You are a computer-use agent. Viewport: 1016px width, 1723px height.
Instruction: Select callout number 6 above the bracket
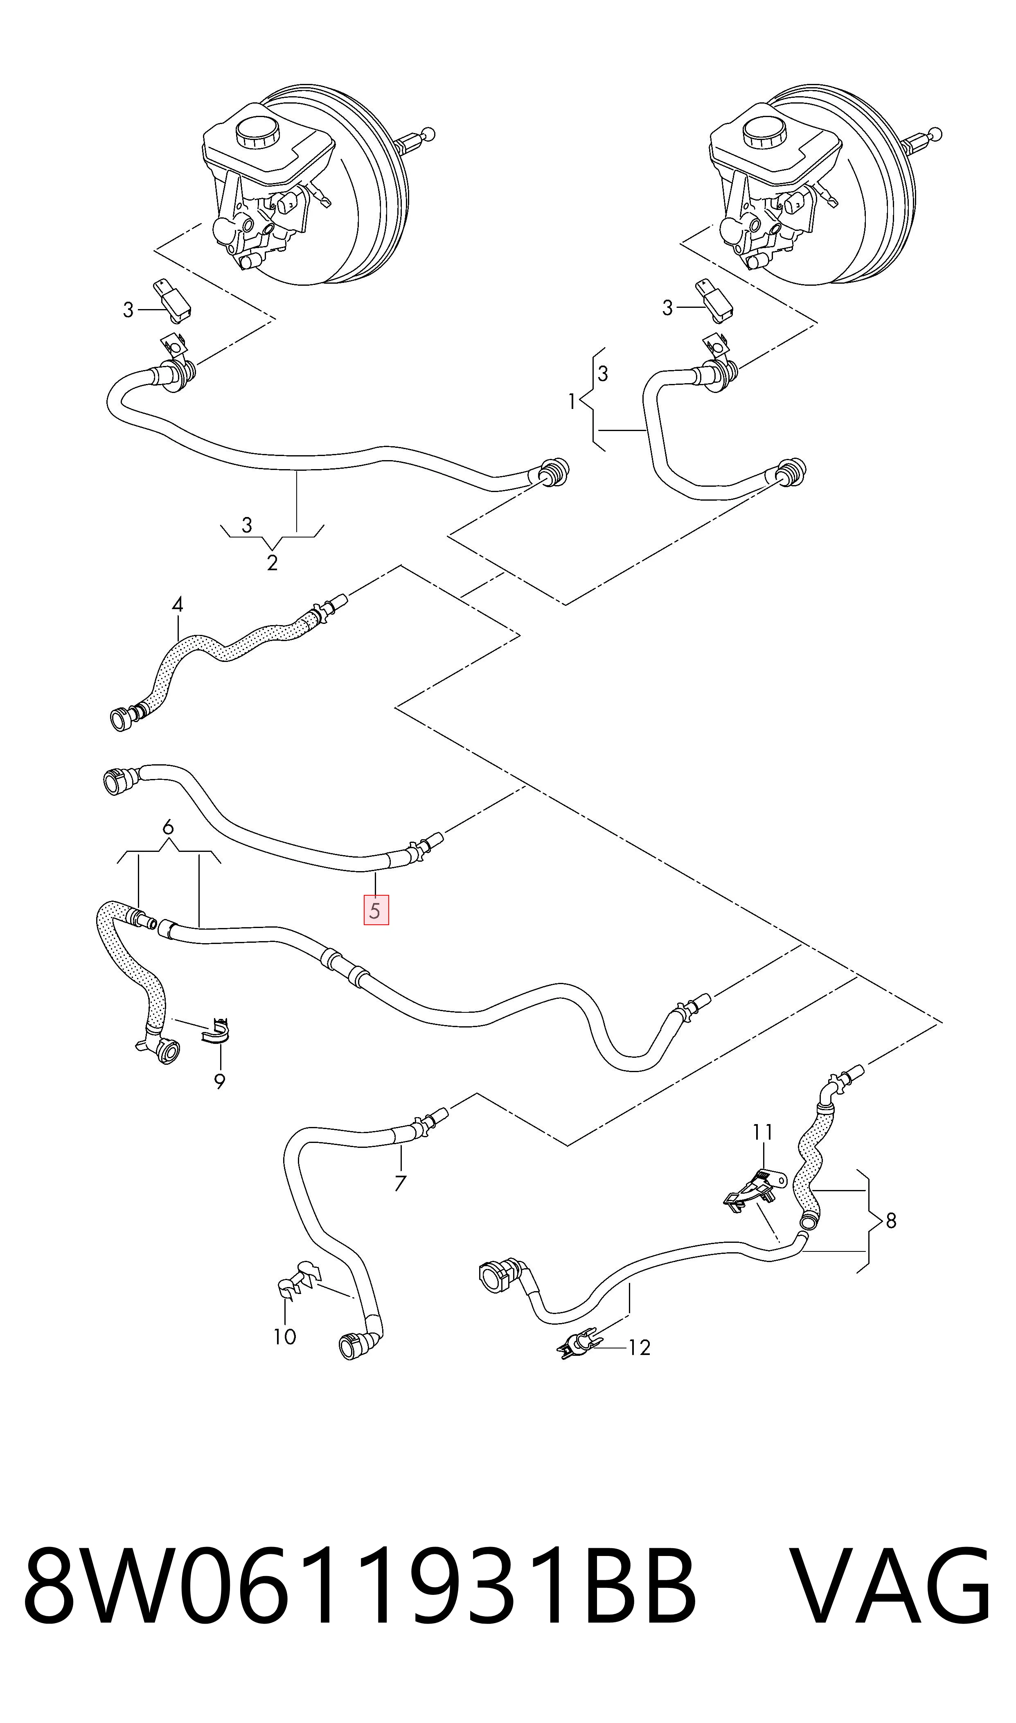pyautogui.click(x=168, y=828)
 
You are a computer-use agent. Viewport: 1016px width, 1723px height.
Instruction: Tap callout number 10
pyautogui.click(x=285, y=1336)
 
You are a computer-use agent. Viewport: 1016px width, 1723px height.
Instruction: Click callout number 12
pyautogui.click(x=640, y=1348)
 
